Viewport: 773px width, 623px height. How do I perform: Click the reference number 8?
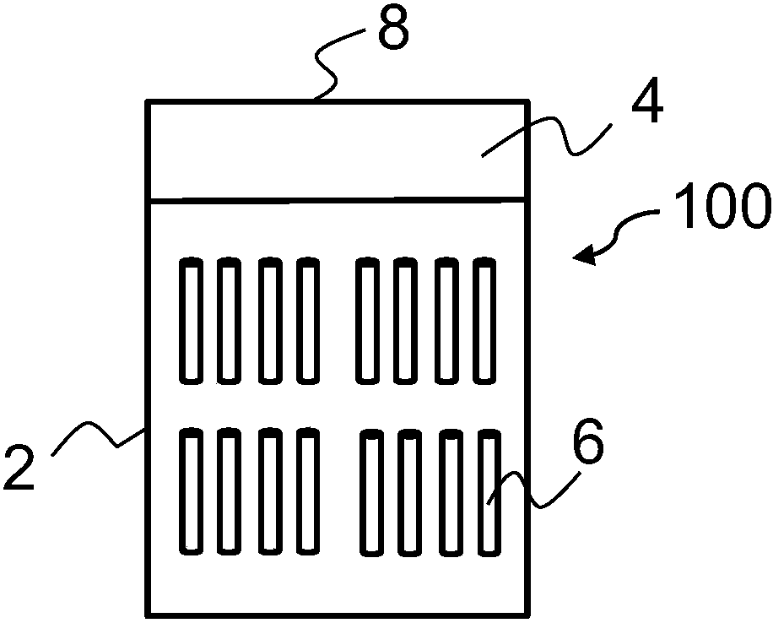point(393,27)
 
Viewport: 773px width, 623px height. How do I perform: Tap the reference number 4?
point(648,100)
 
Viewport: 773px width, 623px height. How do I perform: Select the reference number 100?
point(723,206)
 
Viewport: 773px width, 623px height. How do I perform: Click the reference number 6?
point(588,442)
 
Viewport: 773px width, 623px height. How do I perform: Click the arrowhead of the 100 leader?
point(585,255)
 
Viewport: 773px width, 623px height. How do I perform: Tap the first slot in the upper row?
point(191,320)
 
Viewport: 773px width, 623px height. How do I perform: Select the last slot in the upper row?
point(484,320)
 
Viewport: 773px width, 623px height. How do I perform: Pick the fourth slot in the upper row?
point(308,320)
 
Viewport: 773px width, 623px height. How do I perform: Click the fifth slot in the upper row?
point(368,320)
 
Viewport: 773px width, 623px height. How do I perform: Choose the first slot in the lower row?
point(191,491)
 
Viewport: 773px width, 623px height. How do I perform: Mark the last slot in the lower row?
point(489,493)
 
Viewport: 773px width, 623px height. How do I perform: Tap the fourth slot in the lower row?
point(308,491)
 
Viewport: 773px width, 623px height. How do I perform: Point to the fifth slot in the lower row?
point(372,493)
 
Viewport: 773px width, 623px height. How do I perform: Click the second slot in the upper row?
point(229,320)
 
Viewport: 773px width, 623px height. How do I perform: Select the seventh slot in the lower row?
point(451,493)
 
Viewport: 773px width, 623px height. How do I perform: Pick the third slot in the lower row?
point(270,491)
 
